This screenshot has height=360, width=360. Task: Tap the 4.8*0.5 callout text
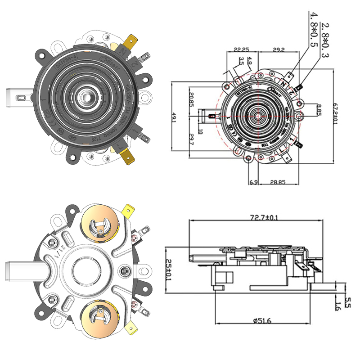pyautogui.click(x=312, y=30)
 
